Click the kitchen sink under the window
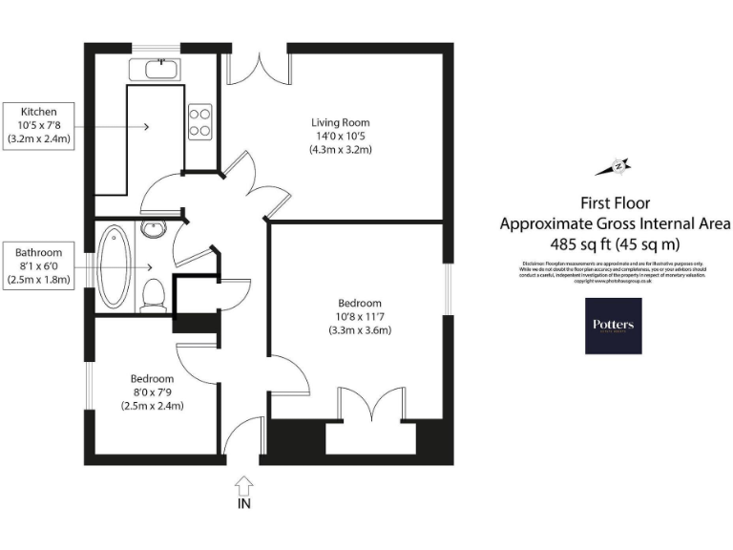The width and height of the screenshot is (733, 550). (x=160, y=69)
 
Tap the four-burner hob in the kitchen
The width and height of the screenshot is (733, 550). (x=200, y=120)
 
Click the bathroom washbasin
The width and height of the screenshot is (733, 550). (x=153, y=228)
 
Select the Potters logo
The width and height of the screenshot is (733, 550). (x=613, y=326)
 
